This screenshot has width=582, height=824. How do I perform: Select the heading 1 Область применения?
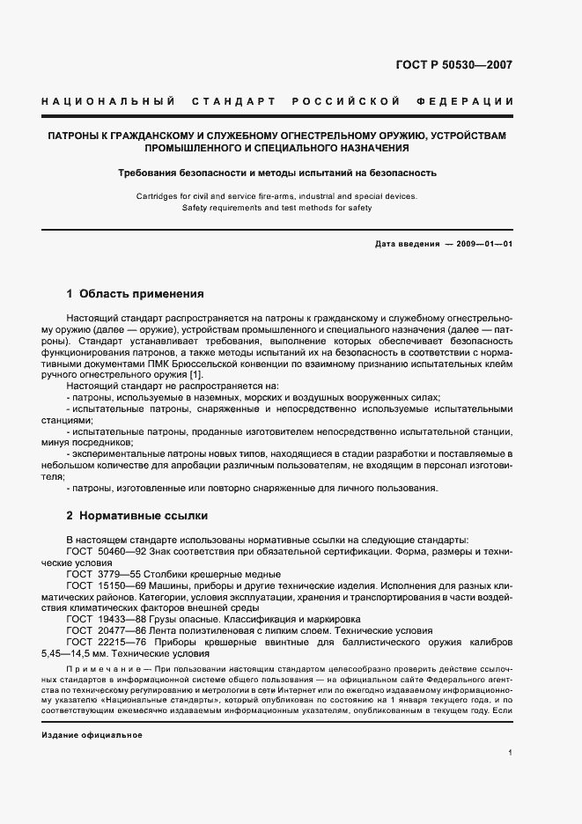(136, 294)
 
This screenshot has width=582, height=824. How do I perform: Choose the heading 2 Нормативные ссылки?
(137, 515)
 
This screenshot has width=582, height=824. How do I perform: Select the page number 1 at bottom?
(510, 753)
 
